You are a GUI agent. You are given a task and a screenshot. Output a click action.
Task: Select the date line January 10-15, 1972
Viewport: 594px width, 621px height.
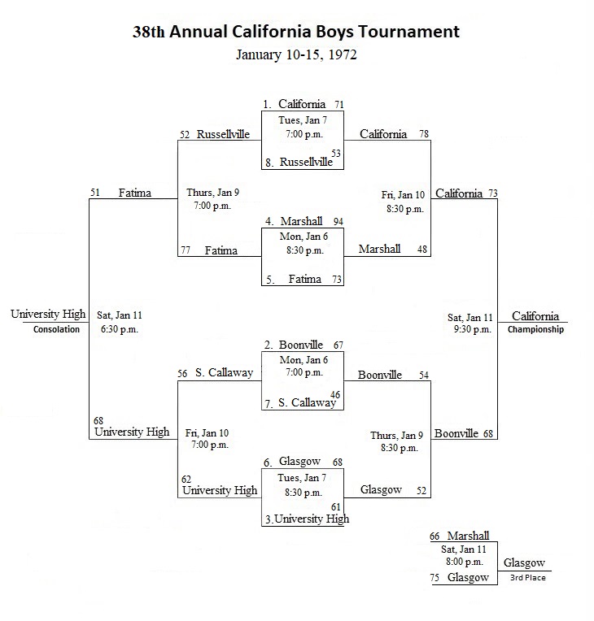pyautogui.click(x=296, y=54)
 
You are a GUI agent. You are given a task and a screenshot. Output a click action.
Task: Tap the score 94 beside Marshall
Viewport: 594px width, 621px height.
pyautogui.click(x=338, y=222)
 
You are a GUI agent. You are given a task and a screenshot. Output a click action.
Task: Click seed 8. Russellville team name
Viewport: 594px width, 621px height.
pyautogui.click(x=306, y=162)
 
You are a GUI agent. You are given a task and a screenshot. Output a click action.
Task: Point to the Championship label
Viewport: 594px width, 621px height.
pyautogui.click(x=535, y=329)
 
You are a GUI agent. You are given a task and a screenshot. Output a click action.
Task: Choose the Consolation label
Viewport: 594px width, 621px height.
pyautogui.click(x=56, y=329)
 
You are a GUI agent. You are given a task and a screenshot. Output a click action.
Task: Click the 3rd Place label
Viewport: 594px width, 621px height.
pyautogui.click(x=528, y=578)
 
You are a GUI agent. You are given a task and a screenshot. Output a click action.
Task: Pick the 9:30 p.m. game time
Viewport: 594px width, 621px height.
pyautogui.click(x=473, y=329)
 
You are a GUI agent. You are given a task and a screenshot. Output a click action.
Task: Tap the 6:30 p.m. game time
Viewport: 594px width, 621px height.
pyautogui.click(x=120, y=329)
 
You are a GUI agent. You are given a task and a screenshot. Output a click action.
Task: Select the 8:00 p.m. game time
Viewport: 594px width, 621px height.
pyautogui.click(x=465, y=562)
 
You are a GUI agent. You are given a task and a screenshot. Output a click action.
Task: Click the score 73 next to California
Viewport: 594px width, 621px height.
pyautogui.click(x=493, y=193)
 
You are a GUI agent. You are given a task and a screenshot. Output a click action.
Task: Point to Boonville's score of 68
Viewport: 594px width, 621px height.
pyautogui.click(x=488, y=434)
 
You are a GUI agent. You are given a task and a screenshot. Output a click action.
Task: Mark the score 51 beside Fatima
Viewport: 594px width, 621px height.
pyautogui.click(x=94, y=193)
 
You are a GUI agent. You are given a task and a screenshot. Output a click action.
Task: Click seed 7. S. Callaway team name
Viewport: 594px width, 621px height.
pyautogui.click(x=307, y=403)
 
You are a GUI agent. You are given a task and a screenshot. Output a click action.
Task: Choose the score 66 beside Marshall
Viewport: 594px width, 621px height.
pyautogui.click(x=435, y=536)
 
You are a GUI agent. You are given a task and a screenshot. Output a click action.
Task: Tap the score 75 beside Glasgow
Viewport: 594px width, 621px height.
pyautogui.click(x=435, y=578)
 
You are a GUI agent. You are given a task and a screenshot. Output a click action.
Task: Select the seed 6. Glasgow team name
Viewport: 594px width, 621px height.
pyautogui.click(x=299, y=462)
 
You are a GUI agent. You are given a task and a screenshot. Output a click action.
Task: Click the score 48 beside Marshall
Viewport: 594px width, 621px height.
pyautogui.click(x=422, y=249)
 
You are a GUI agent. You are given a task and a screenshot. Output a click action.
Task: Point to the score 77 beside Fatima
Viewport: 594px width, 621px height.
pyautogui.click(x=186, y=250)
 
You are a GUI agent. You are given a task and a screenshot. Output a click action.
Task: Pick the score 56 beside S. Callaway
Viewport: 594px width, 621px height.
pyautogui.click(x=182, y=373)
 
